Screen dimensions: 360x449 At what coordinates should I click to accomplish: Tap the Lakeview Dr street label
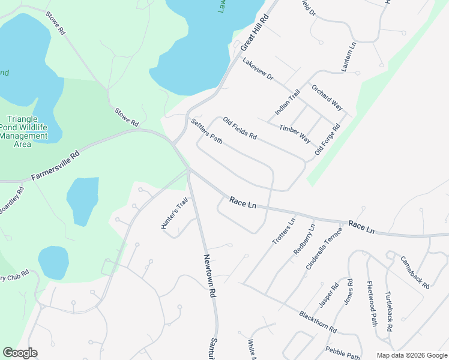click(258, 69)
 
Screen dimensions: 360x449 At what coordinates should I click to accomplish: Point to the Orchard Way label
click(327, 97)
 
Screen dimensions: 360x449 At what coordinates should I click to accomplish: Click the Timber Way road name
click(295, 134)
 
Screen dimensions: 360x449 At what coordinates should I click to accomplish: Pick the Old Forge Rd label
click(328, 140)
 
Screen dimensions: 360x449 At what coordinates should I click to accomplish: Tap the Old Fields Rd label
click(240, 128)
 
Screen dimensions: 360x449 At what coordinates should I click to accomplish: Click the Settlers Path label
click(207, 131)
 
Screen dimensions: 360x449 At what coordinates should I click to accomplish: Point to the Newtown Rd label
click(209, 276)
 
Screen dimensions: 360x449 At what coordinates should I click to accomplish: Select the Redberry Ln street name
click(304, 239)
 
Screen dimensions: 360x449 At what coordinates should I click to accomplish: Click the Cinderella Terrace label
click(324, 248)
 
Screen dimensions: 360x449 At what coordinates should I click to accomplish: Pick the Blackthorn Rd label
click(318, 322)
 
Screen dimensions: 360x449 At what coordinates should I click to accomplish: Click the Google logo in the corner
click(19, 353)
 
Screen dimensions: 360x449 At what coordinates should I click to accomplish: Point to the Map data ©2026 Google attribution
click(412, 355)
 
